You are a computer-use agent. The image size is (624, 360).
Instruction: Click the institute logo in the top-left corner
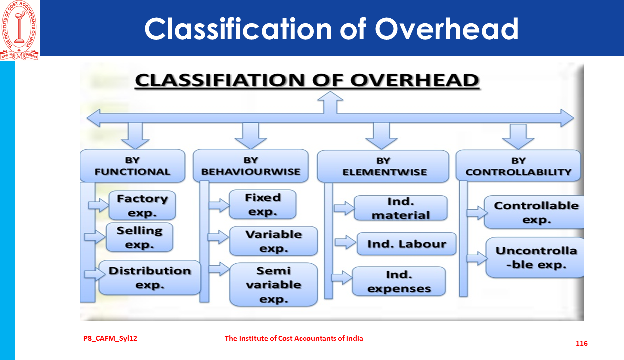point(19,30)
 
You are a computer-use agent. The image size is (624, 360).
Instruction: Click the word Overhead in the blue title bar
point(447,29)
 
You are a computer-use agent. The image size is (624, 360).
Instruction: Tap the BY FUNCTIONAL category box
point(133,166)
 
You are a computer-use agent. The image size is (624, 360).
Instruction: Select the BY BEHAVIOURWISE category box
point(251,166)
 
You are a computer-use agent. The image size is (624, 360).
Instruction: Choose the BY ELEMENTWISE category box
point(383,166)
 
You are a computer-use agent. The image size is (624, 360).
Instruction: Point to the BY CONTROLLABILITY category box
point(518,166)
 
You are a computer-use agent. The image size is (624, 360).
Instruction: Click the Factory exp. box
point(142,205)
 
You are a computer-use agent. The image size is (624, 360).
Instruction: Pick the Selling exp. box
point(140,237)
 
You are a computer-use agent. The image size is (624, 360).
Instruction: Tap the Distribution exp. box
point(150,278)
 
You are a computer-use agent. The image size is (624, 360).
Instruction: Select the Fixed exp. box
point(263,204)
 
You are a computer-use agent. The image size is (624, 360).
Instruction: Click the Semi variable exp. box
point(274,285)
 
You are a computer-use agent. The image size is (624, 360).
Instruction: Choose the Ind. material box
point(401,208)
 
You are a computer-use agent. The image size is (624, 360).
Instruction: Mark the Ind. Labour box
point(406,244)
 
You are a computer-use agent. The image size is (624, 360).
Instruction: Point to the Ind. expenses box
point(399,281)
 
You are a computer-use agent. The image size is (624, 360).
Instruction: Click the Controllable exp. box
point(534,212)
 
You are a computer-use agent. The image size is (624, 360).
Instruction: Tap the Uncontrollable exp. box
point(535,257)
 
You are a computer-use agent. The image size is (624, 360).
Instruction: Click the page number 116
point(582,343)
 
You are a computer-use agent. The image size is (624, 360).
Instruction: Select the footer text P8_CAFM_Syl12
point(110,338)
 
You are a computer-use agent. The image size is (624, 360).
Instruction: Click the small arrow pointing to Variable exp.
point(218,237)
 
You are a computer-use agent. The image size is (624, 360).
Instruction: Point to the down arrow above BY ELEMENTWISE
point(381,136)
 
